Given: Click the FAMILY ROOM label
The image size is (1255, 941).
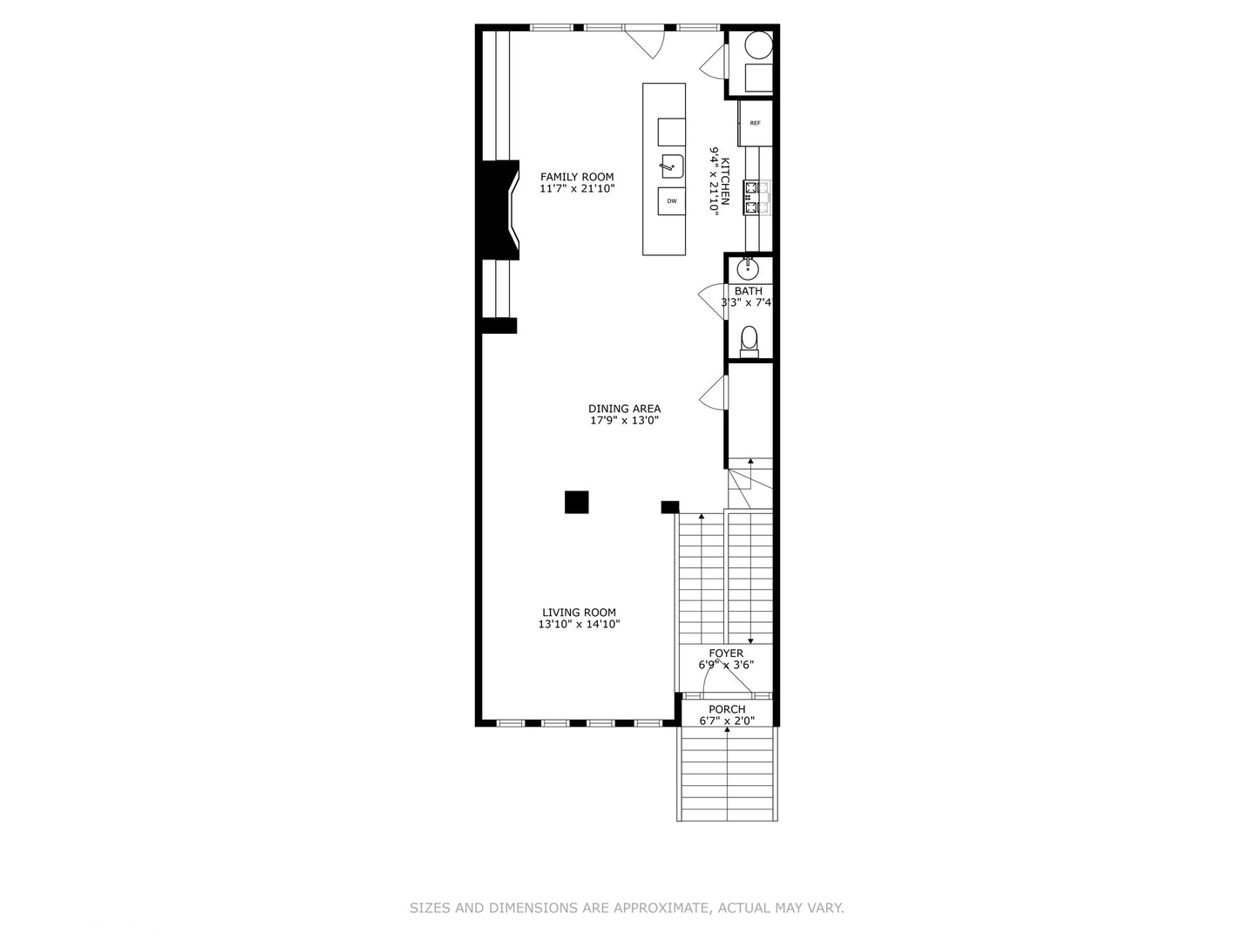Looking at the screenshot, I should coord(576,177).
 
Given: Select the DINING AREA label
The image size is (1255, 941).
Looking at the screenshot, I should coord(624,409).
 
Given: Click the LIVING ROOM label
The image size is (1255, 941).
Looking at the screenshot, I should coord(579,613).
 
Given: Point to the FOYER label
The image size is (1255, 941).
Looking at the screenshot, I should coord(726,653).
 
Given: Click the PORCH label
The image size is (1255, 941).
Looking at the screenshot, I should coord(727,709).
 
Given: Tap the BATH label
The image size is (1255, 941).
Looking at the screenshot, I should coord(748,291).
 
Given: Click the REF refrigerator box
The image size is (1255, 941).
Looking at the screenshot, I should coord(754,124).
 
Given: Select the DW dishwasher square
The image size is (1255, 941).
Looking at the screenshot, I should coord(672,201).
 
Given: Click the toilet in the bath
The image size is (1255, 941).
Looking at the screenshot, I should coord(749,340).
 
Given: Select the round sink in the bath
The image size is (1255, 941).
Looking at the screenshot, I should coord(749,267).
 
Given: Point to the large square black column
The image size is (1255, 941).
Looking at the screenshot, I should coord(576,503).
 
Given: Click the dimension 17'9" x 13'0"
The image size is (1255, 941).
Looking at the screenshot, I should coord(624,421).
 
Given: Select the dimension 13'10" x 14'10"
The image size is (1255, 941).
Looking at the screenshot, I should coord(579,625).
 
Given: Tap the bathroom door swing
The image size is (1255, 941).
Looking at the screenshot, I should coord(711,297).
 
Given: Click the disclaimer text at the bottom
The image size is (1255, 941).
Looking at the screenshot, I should coord(627,908).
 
